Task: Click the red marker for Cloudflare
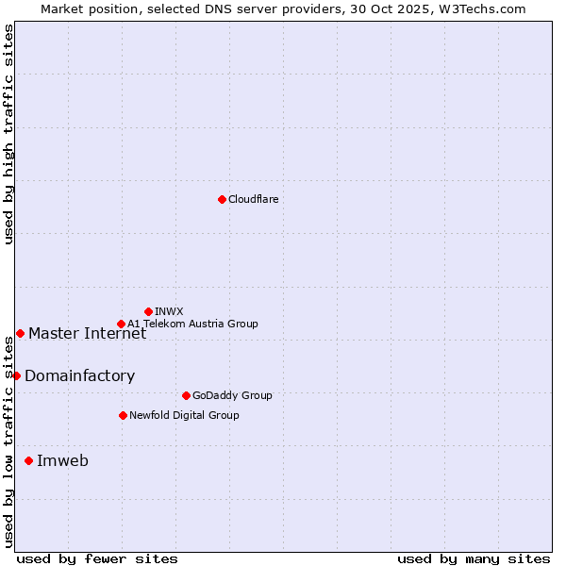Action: pyautogui.click(x=222, y=199)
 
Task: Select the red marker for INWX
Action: pyautogui.click(x=148, y=311)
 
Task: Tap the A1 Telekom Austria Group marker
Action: pyautogui.click(x=121, y=324)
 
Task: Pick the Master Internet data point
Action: pyautogui.click(x=20, y=333)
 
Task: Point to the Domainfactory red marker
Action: pyautogui.click(x=16, y=375)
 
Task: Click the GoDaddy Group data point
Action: pyautogui.click(x=186, y=395)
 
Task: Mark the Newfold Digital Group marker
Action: pyautogui.click(x=123, y=415)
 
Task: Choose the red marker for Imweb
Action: pyautogui.click(x=28, y=460)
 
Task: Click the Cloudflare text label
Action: pyautogui.click(x=253, y=199)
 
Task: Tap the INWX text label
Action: pyautogui.click(x=169, y=311)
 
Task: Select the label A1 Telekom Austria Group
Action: pyautogui.click(x=192, y=324)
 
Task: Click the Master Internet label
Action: pyautogui.click(x=87, y=333)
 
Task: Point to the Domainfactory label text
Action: pyautogui.click(x=79, y=375)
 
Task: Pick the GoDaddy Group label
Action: pyautogui.click(x=231, y=395)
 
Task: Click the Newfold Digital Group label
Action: pyautogui.click(x=184, y=415)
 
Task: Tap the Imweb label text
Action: pyautogui.click(x=62, y=460)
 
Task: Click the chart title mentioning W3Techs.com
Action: pyautogui.click(x=283, y=8)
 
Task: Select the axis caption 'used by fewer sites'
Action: pyautogui.click(x=97, y=558)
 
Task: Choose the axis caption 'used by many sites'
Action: pyautogui.click(x=474, y=558)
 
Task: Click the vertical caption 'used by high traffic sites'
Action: pyautogui.click(x=8, y=134)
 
